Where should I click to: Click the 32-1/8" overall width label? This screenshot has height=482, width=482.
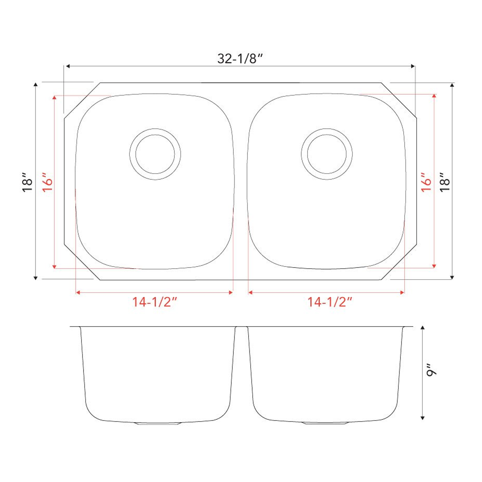[240, 59]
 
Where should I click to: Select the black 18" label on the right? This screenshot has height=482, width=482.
[444, 182]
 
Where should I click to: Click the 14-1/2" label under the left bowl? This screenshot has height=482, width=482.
[155, 302]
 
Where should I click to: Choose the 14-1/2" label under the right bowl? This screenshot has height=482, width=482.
[330, 302]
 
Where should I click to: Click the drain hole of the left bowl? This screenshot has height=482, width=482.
[155, 154]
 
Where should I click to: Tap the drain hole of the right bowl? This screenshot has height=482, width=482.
[327, 154]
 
